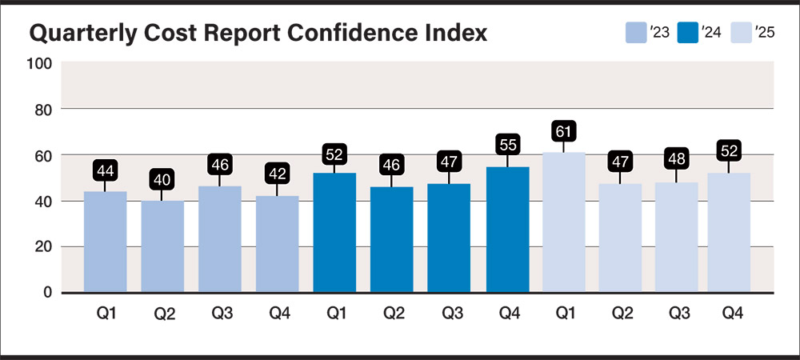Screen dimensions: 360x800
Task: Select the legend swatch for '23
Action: click(x=635, y=33)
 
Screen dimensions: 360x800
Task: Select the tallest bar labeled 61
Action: click(x=563, y=222)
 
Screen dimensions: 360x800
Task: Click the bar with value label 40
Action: click(x=162, y=246)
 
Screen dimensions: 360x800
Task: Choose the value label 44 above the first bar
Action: click(x=105, y=170)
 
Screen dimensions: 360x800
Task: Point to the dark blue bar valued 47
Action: click(x=449, y=238)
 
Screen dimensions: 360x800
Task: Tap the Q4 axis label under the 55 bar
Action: click(x=506, y=314)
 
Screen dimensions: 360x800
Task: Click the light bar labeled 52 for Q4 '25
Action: click(x=729, y=233)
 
